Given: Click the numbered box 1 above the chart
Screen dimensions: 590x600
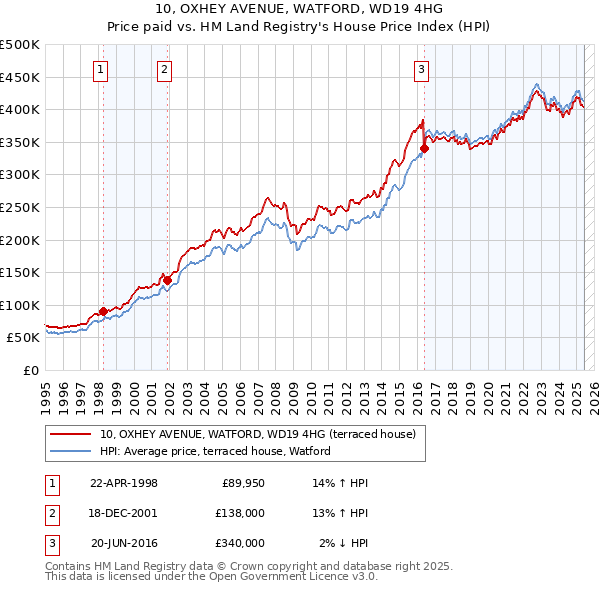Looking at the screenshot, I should pyautogui.click(x=103, y=70).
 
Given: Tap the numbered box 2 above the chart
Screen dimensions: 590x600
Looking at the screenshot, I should pyautogui.click(x=164, y=70).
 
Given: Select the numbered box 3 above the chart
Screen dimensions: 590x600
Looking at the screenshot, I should pyautogui.click(x=422, y=70).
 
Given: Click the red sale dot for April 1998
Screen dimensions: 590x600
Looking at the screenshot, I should pyautogui.click(x=103, y=311).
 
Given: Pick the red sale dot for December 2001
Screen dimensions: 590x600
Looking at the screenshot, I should pyautogui.click(x=168, y=280).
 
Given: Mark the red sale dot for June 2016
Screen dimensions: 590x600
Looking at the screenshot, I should pyautogui.click(x=424, y=148).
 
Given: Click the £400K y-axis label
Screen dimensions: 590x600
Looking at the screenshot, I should pyautogui.click(x=21, y=109).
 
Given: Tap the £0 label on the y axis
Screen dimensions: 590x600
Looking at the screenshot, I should pyautogui.click(x=30, y=370).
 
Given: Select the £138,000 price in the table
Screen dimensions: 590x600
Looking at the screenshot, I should pyautogui.click(x=241, y=513).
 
